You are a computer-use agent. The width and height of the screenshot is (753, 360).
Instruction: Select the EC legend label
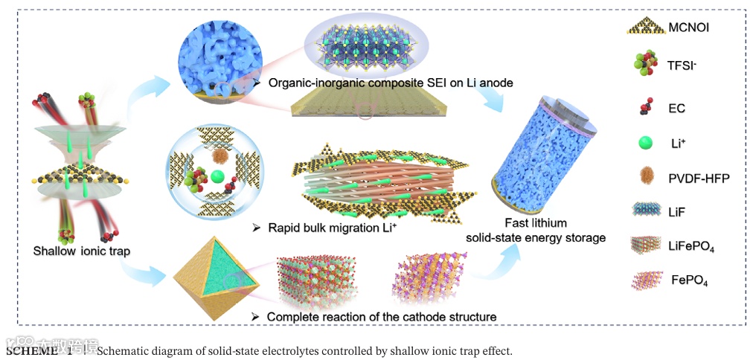(676, 108)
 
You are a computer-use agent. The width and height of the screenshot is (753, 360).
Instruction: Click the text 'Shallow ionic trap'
(81, 251)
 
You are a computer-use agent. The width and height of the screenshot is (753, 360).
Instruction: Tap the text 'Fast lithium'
(535, 222)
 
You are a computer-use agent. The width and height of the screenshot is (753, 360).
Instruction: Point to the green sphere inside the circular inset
(217, 176)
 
